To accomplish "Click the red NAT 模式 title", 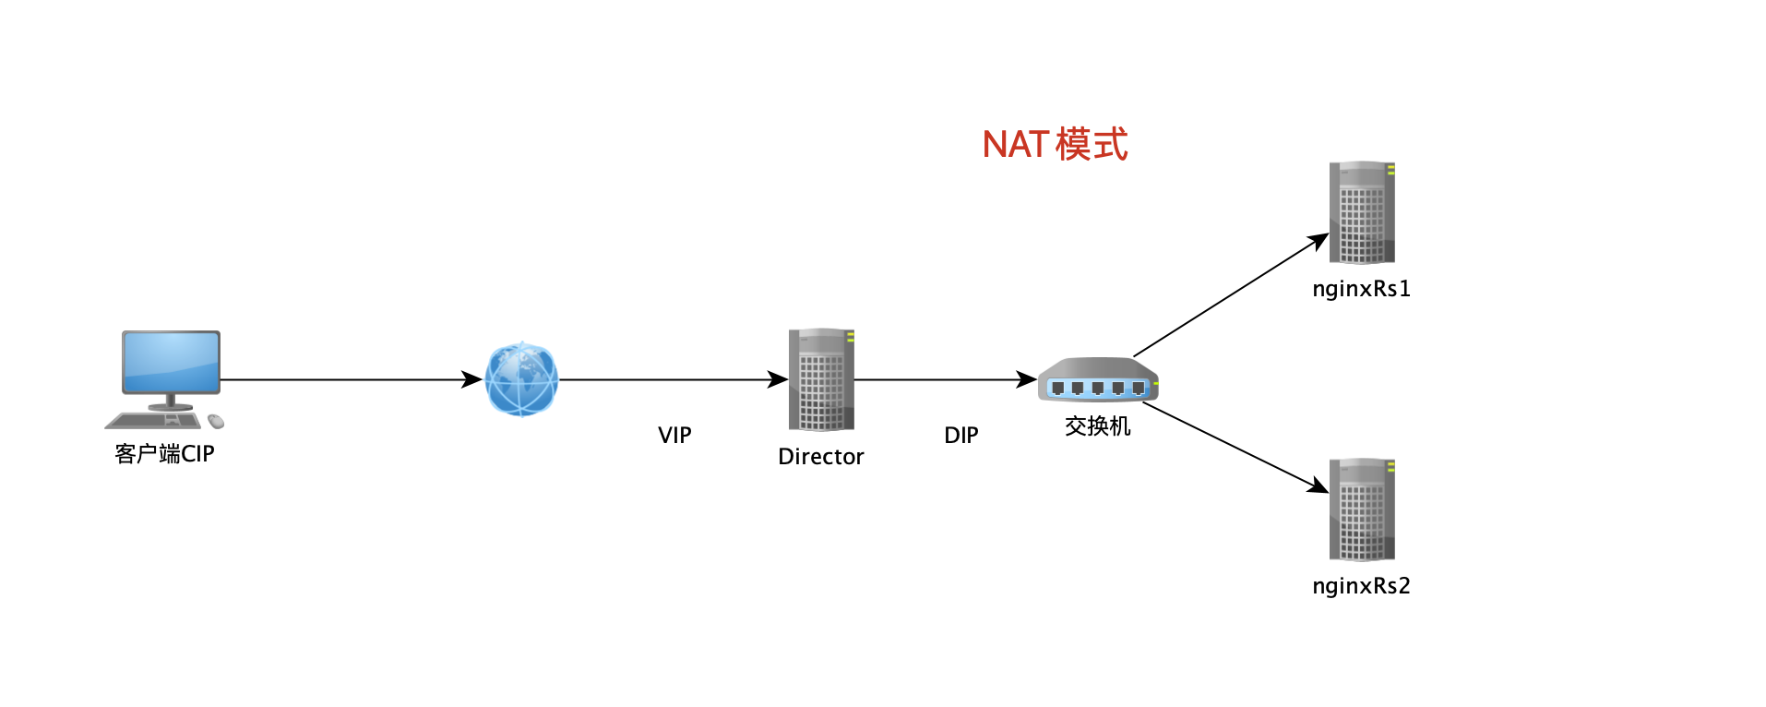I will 1055,145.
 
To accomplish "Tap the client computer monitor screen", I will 172,362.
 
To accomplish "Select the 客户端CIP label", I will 164,454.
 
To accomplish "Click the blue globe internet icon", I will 521,378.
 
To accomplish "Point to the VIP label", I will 674,436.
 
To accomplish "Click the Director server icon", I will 821,379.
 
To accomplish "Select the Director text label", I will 820,457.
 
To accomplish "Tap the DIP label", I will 961,436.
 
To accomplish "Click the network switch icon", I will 1098,380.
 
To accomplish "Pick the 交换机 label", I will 1097,426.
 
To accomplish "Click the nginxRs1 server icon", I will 1362,212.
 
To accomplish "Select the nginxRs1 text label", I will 1361,289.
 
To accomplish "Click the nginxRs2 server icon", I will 1362,509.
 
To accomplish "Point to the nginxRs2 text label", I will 1361,586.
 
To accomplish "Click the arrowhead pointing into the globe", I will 471,379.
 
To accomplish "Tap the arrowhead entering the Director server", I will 778,379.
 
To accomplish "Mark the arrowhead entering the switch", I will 1026,379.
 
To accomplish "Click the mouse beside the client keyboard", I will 216,422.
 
